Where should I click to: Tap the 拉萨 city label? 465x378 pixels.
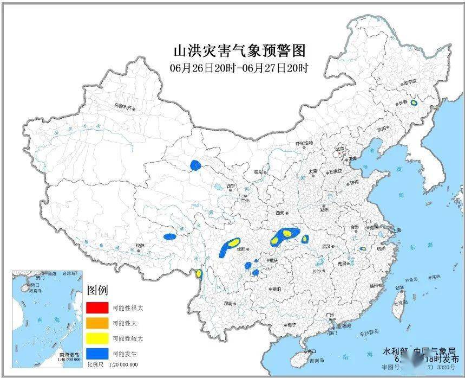coord(140,245)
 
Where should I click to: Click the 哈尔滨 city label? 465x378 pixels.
coord(410,81)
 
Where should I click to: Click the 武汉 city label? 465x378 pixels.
coord(326,246)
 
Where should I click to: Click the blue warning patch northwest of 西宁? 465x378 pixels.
coord(195,165)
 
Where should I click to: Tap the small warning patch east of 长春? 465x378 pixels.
coord(414,102)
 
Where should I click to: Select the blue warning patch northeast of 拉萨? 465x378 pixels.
coord(170,236)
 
